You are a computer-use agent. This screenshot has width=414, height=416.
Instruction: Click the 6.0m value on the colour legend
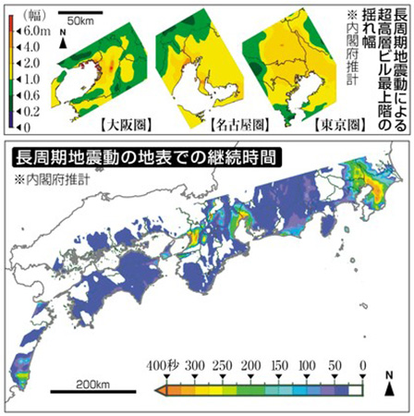28,31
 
